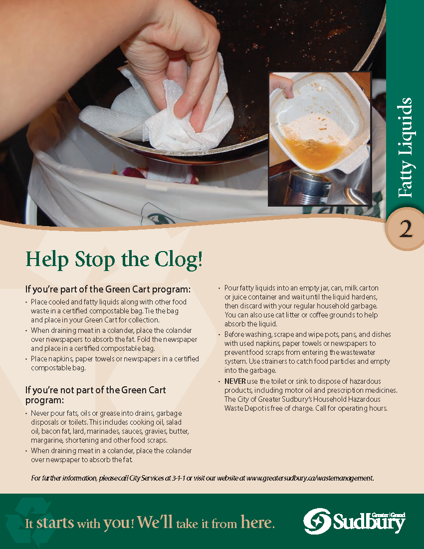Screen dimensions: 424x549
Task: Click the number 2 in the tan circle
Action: point(406,230)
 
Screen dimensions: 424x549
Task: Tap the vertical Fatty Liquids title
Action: point(405,147)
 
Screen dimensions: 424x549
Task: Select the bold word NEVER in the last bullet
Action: point(235,381)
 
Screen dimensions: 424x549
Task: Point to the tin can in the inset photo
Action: point(307,187)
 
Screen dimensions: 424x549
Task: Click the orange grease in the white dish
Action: point(313,151)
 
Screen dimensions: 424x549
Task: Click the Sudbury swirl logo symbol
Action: point(317,522)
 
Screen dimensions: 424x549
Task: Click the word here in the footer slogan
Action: point(257,523)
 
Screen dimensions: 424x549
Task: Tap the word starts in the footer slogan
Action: point(55,523)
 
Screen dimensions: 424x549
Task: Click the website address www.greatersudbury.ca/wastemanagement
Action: point(310,478)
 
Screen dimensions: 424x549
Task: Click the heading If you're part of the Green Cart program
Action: point(108,289)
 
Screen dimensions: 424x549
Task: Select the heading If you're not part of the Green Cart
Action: point(95,395)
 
